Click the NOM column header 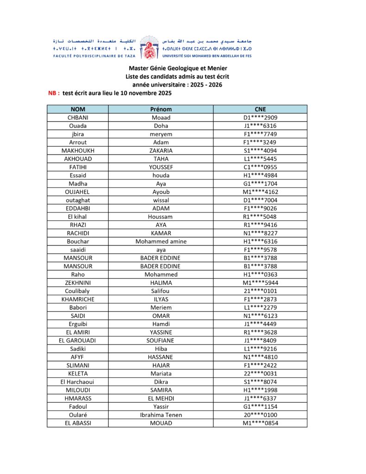(77, 109)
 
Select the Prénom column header (161, 109)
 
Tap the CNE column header (260, 109)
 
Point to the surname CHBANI (77, 118)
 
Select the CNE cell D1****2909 (260, 118)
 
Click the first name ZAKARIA (161, 150)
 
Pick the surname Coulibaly (77, 291)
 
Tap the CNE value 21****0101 (260, 291)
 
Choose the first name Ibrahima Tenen (161, 415)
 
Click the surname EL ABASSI (77, 423)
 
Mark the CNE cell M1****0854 (260, 423)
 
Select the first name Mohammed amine (161, 242)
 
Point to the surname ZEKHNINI (77, 283)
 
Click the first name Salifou (161, 291)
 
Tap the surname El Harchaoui (77, 382)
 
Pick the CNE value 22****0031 (260, 374)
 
